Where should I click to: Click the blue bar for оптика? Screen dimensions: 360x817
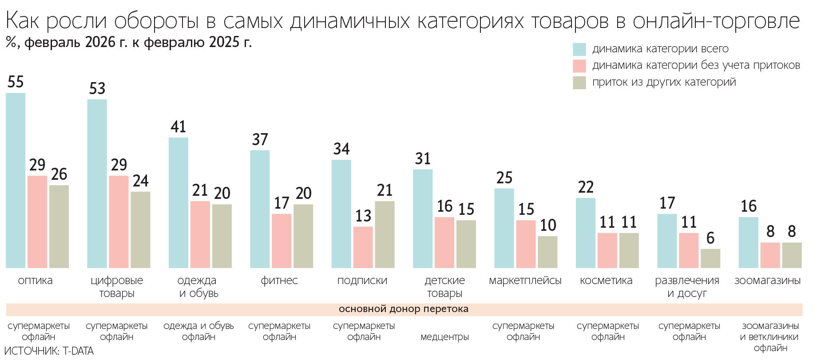(x=16, y=180)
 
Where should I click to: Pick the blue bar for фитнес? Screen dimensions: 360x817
(x=260, y=209)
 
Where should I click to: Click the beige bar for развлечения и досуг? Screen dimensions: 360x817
(x=710, y=258)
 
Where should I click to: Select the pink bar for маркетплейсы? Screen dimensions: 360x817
(x=526, y=244)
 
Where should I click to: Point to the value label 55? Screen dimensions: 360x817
(x=16, y=82)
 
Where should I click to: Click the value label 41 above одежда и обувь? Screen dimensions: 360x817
(x=178, y=127)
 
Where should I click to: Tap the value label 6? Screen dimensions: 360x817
(x=710, y=238)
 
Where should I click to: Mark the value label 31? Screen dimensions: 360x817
(x=423, y=159)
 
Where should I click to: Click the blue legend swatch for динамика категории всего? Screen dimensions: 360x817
(x=579, y=49)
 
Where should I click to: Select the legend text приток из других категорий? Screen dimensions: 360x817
(x=664, y=82)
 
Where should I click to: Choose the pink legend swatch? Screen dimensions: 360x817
(x=579, y=66)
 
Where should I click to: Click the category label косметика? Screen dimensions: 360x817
(x=606, y=281)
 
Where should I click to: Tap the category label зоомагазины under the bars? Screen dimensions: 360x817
(x=767, y=281)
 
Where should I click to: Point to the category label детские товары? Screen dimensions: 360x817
(x=444, y=287)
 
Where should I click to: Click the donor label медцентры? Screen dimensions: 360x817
(x=444, y=337)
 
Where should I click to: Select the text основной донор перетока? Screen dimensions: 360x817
(x=403, y=309)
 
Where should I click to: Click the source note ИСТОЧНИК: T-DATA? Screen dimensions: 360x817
(x=49, y=351)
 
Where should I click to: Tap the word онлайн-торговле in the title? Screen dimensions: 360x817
(x=716, y=20)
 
